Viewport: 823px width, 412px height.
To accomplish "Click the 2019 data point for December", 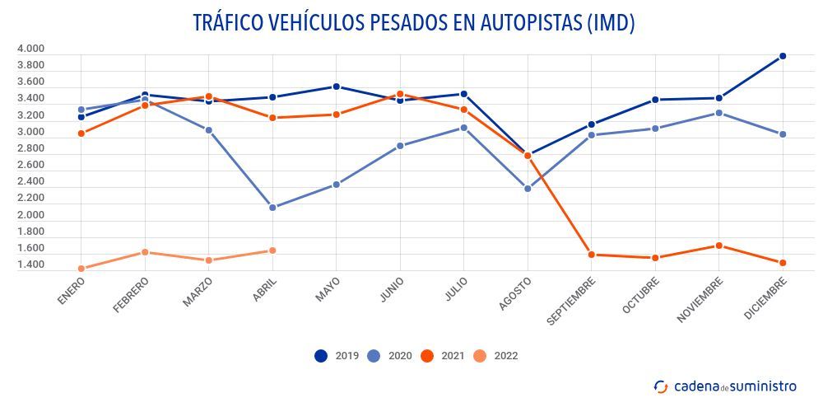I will tap(783, 56).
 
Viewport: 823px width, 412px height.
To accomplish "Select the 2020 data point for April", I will tap(272, 208).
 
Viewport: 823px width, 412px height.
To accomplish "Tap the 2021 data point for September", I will tap(592, 255).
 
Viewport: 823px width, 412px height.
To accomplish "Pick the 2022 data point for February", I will tap(145, 252).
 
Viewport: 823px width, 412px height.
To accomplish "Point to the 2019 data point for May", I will tap(337, 87).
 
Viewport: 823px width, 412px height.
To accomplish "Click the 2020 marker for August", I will tap(528, 189).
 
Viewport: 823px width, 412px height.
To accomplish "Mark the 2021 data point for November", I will tap(719, 246).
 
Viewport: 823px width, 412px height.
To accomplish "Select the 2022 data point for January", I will tap(81, 269).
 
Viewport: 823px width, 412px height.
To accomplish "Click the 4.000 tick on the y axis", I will tap(30, 49).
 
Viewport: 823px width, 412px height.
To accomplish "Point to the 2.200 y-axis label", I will tap(30, 199).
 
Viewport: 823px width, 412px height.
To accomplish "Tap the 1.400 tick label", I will tap(30, 265).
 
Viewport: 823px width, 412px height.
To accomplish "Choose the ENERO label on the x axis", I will tap(72, 291).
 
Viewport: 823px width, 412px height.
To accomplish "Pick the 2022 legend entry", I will tap(496, 356).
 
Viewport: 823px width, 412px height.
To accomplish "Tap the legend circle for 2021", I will tap(427, 356).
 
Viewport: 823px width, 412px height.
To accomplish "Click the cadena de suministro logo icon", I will tap(660, 386).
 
